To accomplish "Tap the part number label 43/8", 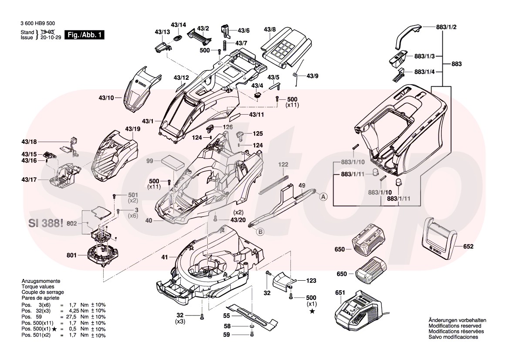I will click(270, 30).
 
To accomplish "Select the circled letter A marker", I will click(324, 197).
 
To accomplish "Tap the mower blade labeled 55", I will click(255, 315).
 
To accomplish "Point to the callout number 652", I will click(468, 247).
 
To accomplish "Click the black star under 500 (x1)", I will click(312, 311).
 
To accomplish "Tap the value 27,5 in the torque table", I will click(75, 317).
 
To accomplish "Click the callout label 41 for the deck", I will click(164, 258).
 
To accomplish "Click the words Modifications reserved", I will click(455, 326).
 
